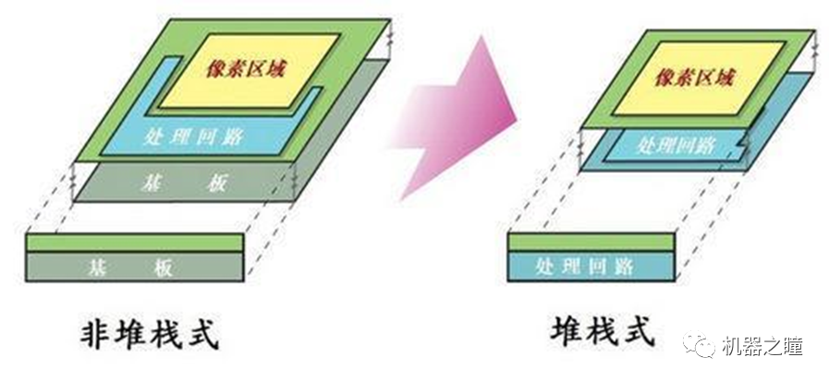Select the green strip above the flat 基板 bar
(135, 242)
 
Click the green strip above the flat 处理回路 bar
(591, 241)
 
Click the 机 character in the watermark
(736, 346)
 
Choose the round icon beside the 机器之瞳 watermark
(704, 346)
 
